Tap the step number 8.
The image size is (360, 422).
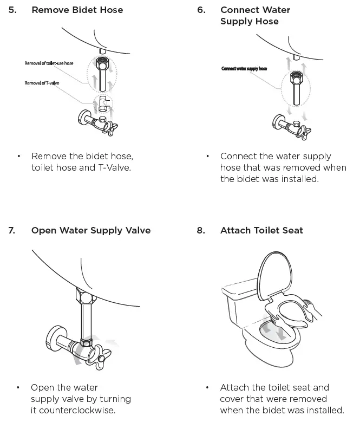[201, 230]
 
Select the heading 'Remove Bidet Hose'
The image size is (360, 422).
[77, 10]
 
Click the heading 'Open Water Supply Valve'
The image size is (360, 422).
[91, 230]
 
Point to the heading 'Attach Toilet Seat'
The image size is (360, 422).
[261, 230]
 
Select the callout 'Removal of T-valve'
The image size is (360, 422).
[42, 83]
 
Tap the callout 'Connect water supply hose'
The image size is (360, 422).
[244, 69]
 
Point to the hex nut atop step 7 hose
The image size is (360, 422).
[84, 297]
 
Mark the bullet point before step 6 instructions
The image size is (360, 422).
[207, 157]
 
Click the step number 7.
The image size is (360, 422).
[12, 230]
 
